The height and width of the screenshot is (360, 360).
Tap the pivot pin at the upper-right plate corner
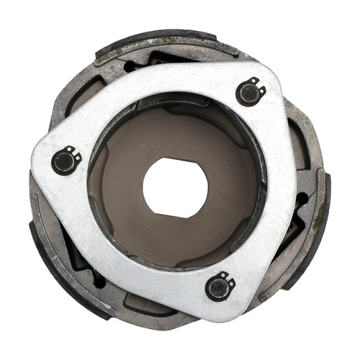249,91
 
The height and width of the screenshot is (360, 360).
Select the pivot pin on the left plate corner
66,161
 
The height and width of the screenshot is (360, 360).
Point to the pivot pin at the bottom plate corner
219,286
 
